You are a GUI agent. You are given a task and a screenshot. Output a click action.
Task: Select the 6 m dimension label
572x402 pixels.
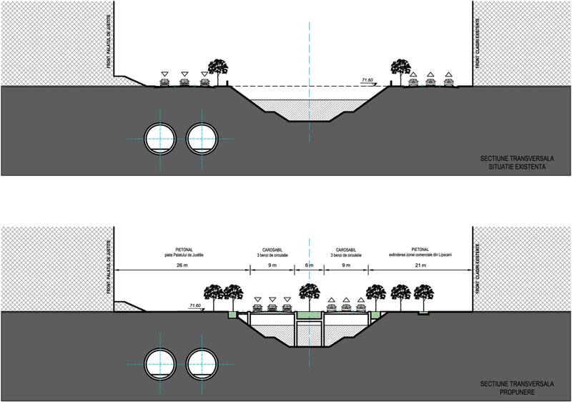309,264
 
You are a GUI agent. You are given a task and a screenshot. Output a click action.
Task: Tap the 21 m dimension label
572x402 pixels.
420,264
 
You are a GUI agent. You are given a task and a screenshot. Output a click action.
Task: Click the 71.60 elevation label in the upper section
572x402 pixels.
368,81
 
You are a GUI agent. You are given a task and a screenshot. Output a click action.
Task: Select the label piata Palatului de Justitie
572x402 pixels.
183,254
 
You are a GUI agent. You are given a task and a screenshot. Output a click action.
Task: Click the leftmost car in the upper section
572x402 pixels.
165,82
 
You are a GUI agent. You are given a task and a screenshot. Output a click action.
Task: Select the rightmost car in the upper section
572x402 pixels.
448,82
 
